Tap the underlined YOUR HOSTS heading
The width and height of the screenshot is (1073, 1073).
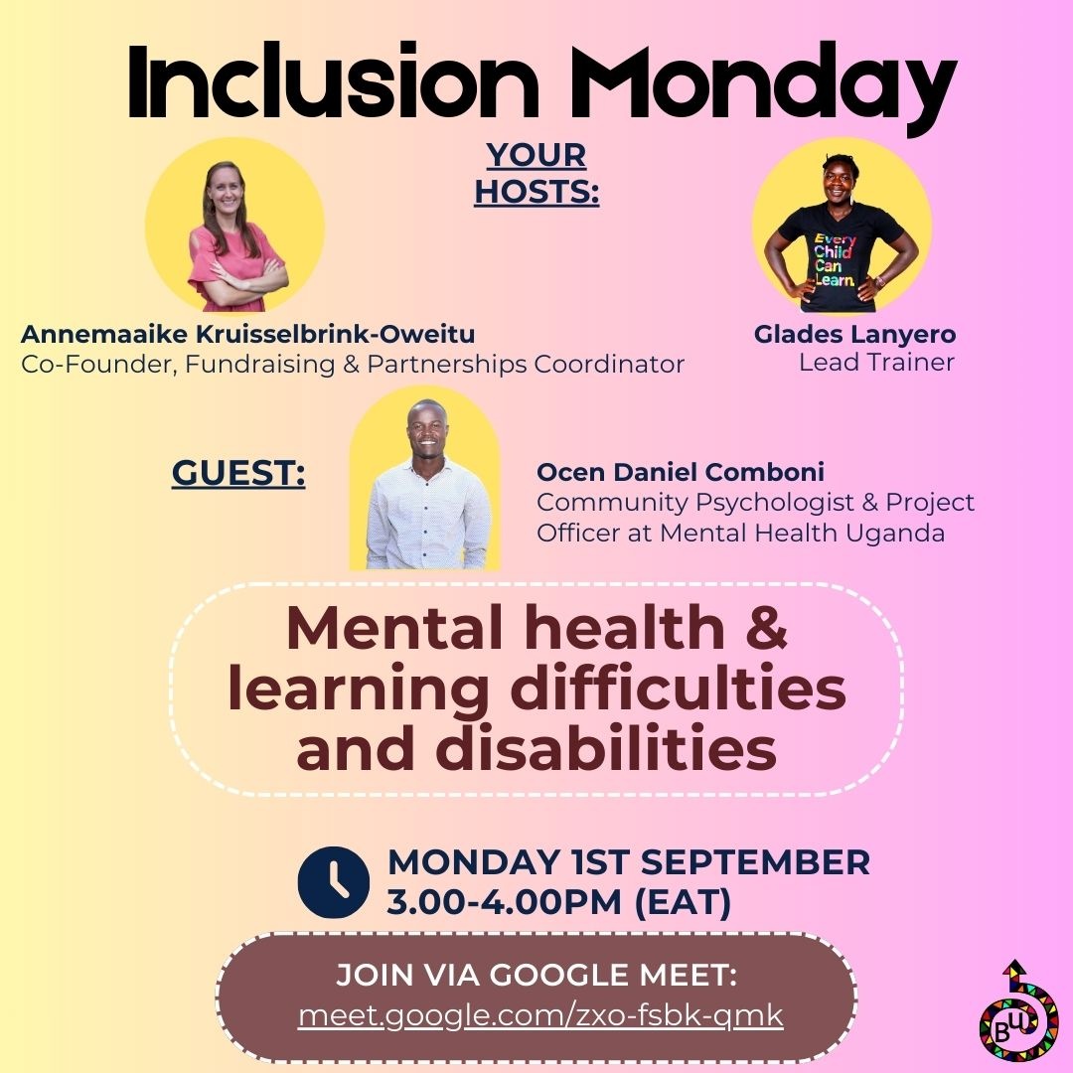point(536,173)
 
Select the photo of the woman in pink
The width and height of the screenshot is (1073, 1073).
point(234,232)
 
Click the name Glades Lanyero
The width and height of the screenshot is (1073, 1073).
point(854,334)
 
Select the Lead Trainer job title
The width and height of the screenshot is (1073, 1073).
point(876,363)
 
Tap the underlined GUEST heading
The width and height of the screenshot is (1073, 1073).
point(238,474)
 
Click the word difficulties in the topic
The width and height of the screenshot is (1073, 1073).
point(676,690)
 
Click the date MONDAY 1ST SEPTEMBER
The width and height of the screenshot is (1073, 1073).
point(628,861)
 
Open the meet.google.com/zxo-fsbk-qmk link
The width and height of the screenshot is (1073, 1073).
point(540,1015)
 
